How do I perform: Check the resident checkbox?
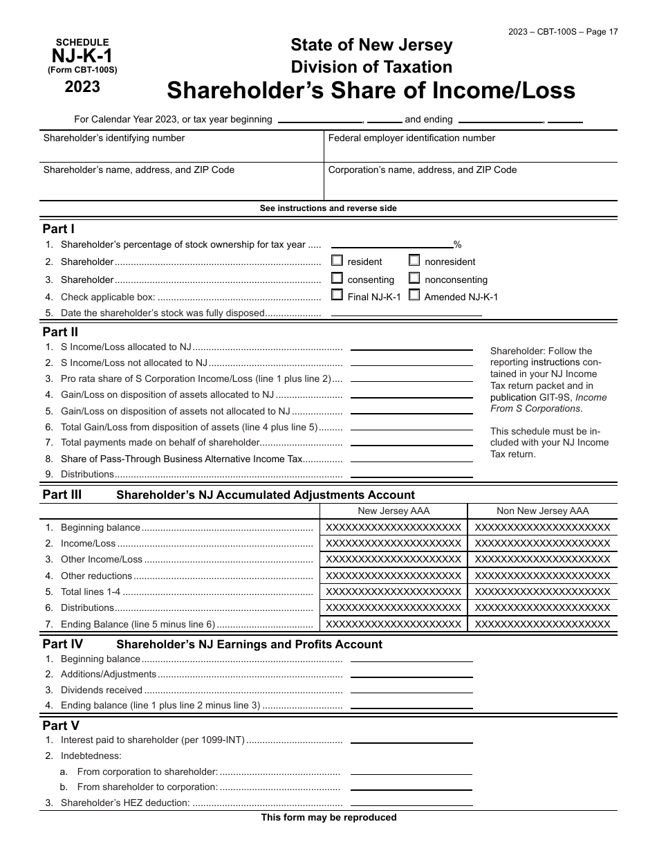[337, 261]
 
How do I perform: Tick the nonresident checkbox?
[414, 261]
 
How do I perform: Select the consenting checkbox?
[337, 278]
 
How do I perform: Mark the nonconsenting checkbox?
[414, 278]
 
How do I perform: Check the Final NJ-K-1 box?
[337, 295]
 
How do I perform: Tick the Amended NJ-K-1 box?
[414, 295]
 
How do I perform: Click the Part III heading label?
[62, 495]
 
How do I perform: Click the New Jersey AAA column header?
[394, 511]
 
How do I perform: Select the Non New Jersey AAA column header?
[543, 511]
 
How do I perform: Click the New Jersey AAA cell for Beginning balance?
[394, 527]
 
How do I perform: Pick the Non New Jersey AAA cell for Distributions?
[543, 607]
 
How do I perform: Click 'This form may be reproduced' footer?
[328, 818]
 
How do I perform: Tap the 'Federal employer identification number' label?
[411, 138]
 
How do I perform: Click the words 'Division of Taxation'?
[371, 67]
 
